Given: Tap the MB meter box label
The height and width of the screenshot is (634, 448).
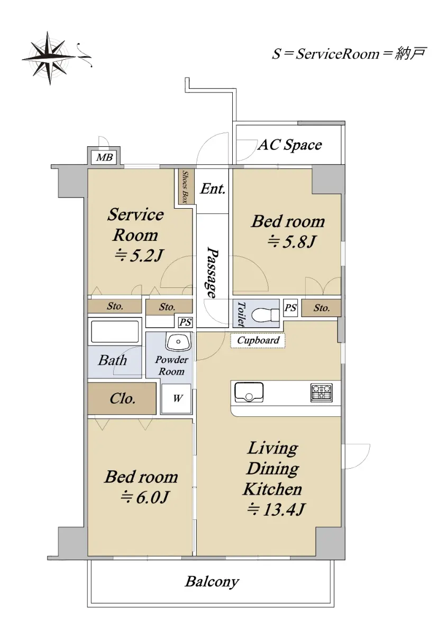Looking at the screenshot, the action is coord(104,157).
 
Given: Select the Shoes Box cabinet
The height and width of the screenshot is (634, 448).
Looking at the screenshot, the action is coord(186,186).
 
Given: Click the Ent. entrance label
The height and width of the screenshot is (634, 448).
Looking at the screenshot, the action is coord(213,189).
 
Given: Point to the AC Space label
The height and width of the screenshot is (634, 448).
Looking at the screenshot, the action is coord(290,145).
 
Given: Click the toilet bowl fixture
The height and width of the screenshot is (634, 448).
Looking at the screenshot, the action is coord(266,314).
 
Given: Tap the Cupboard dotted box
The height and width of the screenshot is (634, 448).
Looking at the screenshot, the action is coord(258,340).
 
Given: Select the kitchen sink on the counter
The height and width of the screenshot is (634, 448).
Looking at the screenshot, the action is coord(249,392).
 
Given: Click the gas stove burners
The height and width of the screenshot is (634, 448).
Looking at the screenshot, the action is coord(322,393).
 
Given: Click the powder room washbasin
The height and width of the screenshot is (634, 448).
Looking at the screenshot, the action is coord(178,341).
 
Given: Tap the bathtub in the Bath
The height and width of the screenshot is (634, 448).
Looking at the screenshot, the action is coord(114,331).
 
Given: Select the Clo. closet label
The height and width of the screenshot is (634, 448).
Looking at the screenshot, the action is coord(122,399).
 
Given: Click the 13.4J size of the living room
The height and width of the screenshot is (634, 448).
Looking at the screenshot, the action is coord(276,517).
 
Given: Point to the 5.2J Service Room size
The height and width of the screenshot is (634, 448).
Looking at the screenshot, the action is coord(139,256).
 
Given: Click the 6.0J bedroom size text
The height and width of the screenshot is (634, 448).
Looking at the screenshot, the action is coord(145,505).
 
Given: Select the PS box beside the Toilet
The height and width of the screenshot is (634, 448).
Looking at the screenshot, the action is coord(290,307).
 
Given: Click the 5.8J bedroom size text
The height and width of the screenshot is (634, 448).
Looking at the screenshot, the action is coord(291,242).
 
